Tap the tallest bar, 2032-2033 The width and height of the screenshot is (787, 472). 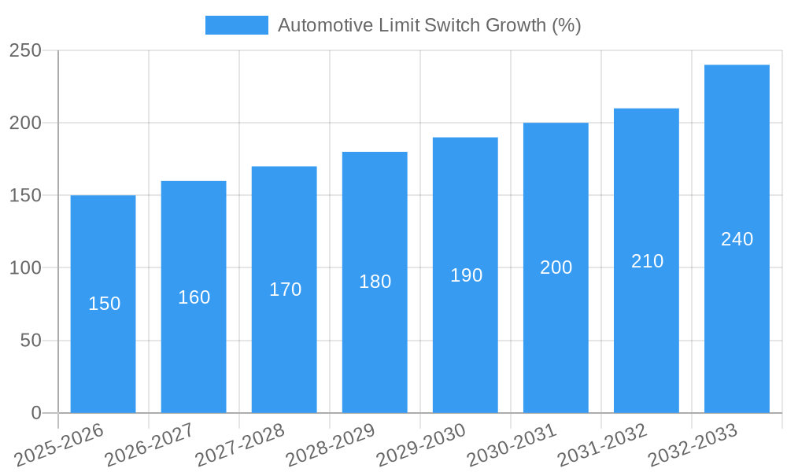coord(737,315)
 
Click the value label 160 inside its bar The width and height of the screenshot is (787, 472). coord(194,297)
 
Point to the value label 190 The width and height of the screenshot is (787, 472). coord(466,275)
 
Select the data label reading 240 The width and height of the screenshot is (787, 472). coord(737,239)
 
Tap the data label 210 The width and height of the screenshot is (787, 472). coord(647,261)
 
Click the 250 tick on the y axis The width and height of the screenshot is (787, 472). coord(25,50)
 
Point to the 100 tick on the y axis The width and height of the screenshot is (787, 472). coord(25,267)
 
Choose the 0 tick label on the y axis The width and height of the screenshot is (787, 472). coord(35,412)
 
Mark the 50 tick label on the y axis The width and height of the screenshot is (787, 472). coord(30,341)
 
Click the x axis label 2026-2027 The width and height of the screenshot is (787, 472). coord(150,445)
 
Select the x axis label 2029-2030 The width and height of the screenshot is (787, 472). coord(421,445)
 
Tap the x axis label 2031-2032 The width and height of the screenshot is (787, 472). coord(602,445)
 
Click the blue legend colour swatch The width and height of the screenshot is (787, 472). coord(236,25)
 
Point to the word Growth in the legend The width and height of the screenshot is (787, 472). coord(511,25)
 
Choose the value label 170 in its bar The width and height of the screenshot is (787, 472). coord(285,289)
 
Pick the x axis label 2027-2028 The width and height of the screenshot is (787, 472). coord(240,445)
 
